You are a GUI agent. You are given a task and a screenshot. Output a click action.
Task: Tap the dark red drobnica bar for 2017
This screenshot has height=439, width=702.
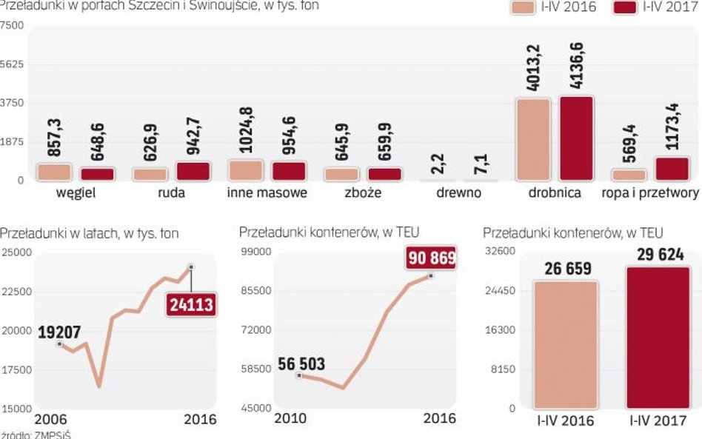[576, 138]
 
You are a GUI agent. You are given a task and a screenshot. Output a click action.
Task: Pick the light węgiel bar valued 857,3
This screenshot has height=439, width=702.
[54, 172]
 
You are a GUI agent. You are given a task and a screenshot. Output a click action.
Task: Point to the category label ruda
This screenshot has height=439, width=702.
[150, 193]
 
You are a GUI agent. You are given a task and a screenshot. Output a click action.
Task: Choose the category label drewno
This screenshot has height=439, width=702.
[458, 193]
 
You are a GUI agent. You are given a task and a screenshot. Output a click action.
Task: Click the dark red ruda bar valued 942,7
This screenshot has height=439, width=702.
[193, 171]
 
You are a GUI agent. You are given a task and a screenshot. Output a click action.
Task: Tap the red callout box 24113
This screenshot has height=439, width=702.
[190, 304]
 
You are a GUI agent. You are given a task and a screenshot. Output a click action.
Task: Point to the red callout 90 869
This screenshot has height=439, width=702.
[431, 259]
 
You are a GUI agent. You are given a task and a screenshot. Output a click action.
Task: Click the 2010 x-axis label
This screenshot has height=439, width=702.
[291, 419]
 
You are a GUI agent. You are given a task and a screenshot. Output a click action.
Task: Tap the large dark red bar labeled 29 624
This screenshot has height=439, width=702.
[658, 338]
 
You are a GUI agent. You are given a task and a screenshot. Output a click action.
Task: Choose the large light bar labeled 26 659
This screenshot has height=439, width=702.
[564, 344]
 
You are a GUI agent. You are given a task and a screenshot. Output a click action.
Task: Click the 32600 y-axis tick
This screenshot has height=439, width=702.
[500, 251]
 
